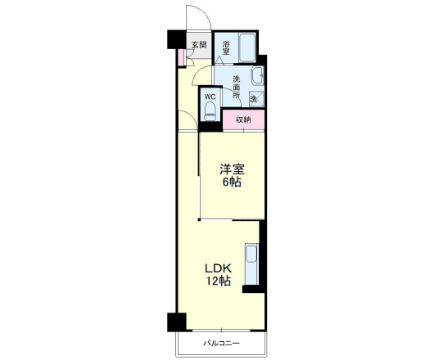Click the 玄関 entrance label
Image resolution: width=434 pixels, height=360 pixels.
199,45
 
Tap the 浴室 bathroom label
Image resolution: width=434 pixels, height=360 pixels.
226,47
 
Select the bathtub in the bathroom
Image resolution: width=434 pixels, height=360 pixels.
247,47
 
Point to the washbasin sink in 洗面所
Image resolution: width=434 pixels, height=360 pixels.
257,76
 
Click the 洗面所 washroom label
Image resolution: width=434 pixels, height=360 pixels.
237,87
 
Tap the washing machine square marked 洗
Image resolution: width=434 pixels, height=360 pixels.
256,99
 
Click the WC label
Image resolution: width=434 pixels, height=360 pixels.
210,97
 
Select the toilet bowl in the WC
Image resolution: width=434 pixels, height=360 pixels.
210,111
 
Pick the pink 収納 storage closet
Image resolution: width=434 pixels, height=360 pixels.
243,119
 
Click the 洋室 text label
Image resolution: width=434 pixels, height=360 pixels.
232,169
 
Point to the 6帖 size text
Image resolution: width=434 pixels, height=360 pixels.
232,182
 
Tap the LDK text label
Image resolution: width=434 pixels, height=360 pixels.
218,268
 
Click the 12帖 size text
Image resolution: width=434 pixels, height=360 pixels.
218,281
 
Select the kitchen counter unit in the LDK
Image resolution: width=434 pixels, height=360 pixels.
252,264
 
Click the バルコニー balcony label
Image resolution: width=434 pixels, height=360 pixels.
221,343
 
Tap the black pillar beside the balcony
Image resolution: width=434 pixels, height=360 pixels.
177,322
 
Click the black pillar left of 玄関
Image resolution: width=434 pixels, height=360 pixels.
176,39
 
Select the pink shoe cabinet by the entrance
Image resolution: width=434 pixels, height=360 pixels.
181,57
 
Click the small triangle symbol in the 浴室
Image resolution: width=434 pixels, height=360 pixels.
219,60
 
